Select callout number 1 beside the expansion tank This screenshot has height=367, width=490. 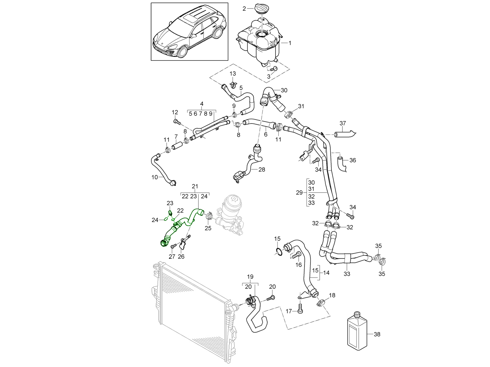290,43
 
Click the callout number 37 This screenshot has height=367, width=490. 343,123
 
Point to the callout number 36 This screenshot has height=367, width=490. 352,160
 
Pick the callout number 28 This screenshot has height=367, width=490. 262,169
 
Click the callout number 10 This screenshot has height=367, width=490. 154,177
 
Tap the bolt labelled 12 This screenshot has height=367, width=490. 176,122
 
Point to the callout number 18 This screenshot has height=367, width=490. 332,295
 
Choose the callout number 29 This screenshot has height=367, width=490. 299,193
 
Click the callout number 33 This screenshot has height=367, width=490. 347,274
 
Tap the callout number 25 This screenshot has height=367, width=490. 208,228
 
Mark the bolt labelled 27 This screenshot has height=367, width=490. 174,246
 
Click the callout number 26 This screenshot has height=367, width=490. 181,257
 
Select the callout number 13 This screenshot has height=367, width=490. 233,73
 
